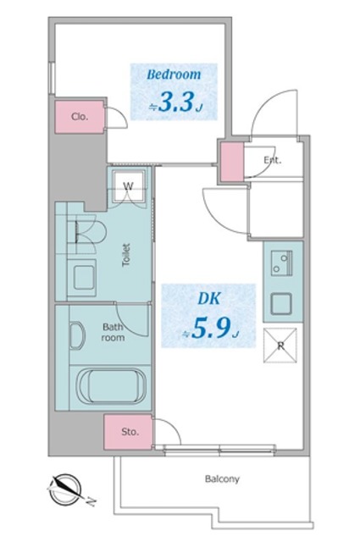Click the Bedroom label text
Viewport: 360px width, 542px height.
pyautogui.click(x=173, y=75)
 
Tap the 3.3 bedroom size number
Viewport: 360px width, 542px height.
pyautogui.click(x=176, y=104)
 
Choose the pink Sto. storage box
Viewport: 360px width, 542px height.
pyautogui.click(x=128, y=432)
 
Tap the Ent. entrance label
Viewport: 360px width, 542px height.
pyautogui.click(x=272, y=160)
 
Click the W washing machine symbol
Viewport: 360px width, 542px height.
pyautogui.click(x=130, y=186)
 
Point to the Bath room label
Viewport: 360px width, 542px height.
pyautogui.click(x=114, y=331)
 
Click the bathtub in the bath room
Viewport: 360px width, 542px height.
pyautogui.click(x=113, y=388)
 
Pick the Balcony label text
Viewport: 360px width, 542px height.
pyautogui.click(x=222, y=478)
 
